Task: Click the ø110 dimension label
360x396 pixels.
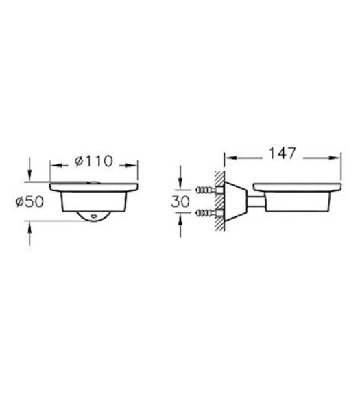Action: [94, 161]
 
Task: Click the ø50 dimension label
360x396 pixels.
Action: [29, 201]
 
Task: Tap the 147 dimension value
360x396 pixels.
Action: [282, 153]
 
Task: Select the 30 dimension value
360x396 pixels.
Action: [180, 201]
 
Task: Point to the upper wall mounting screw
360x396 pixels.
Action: [209, 190]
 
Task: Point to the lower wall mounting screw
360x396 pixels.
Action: [209, 214]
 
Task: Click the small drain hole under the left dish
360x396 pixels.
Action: [95, 216]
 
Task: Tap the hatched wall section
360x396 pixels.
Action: [219, 201]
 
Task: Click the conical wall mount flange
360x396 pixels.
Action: [236, 201]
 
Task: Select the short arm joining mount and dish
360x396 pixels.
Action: [256, 201]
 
